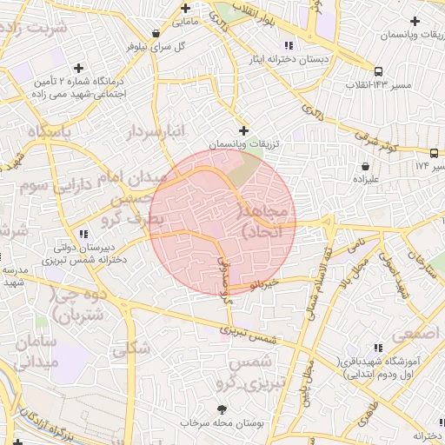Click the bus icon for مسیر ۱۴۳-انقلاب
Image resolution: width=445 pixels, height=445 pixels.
[378, 71]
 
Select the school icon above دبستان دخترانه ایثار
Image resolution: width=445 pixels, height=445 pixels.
[289, 45]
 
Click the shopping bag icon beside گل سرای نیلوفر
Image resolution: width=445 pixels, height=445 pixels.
[156, 34]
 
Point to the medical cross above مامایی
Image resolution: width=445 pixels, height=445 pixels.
[183, 5]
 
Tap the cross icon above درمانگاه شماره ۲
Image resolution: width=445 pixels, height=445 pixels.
[79, 67]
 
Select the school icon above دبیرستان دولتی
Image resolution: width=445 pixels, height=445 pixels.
[83, 234]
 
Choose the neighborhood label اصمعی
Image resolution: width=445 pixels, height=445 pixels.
[415, 334]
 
